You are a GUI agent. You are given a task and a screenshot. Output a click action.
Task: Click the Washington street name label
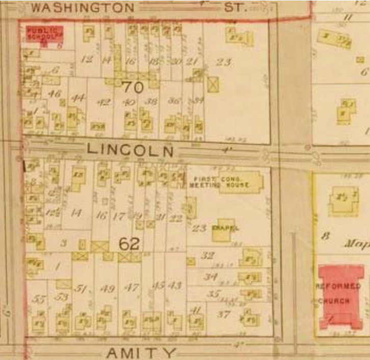tap(82, 8)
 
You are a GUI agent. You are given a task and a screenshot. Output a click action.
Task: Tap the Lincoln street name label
tap(130, 150)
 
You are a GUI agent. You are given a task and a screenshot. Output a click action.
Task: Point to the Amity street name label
tap(141, 352)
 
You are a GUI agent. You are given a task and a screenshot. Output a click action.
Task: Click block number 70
tap(133, 88)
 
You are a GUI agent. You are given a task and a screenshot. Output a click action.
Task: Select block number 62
tap(129, 244)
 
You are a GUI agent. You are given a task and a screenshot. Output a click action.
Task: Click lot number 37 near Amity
tap(224, 314)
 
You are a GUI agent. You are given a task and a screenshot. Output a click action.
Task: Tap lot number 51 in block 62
tap(80, 289)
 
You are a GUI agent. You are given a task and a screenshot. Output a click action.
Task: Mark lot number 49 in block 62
tap(107, 289)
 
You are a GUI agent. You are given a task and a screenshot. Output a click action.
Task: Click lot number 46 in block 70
tap(54, 94)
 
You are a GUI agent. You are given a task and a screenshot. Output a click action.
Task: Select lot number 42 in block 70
tap(103, 102)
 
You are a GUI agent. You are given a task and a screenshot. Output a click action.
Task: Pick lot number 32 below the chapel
tap(207, 256)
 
